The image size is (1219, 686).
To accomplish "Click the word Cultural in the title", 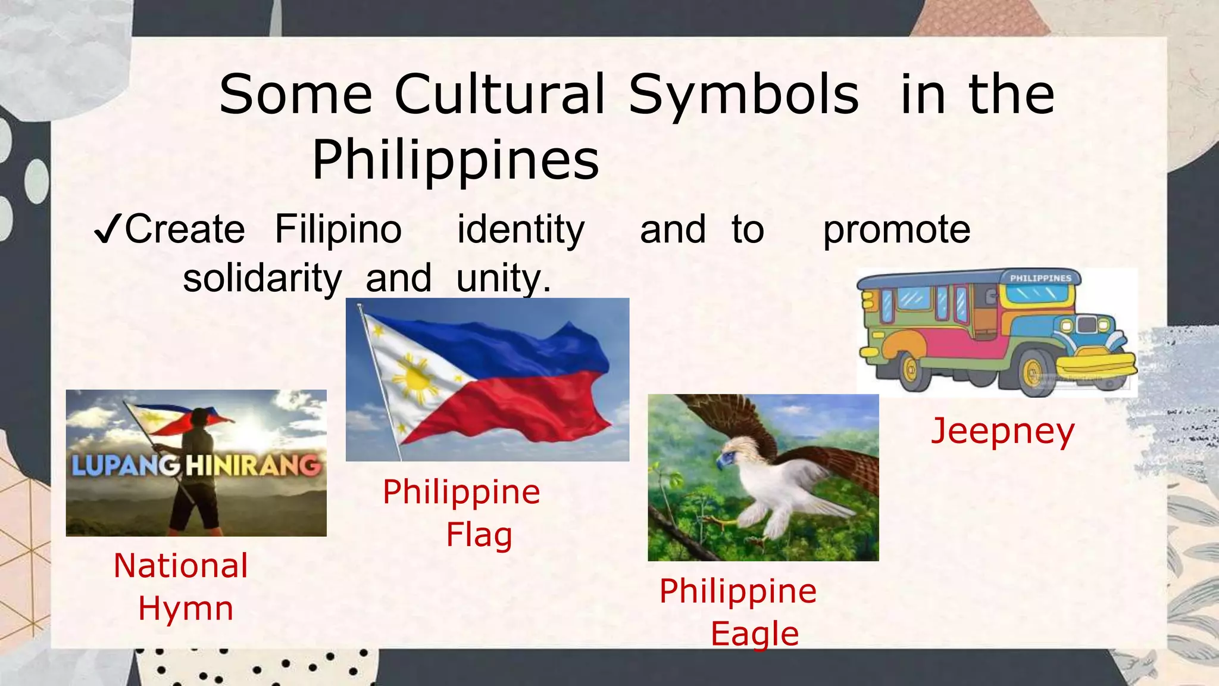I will pos(499,95).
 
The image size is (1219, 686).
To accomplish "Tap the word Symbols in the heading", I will pos(743,95).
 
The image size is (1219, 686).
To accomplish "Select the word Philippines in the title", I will pos(455,160).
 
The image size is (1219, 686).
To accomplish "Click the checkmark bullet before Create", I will pos(108,230).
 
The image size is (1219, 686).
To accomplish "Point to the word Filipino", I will pos(338,229).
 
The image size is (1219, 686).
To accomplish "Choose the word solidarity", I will pos(262,278).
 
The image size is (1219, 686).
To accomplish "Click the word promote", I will pos(896,229).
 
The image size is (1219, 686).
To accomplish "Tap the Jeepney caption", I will pos(1003,431).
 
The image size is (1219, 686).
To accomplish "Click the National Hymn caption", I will pos(181,587).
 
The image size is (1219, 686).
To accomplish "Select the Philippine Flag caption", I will pos(462,513).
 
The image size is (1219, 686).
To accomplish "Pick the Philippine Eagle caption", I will pos(739,612).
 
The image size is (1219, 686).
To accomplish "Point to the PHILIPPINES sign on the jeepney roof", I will pos(1040,278).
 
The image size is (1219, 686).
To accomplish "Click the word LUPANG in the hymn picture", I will pos(126,465).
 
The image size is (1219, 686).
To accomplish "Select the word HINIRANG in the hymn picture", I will pos(253,465).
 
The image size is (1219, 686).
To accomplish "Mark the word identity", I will pos(521,229).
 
